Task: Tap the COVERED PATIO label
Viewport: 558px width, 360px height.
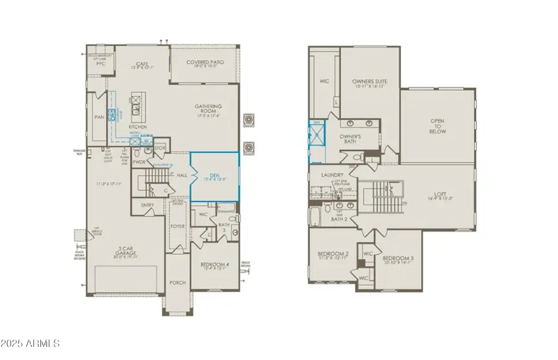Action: point(205,63)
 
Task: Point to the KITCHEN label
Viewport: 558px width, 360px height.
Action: point(138,127)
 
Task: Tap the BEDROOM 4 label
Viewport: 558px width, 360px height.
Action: point(214,265)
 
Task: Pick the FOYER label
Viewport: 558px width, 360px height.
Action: point(178,226)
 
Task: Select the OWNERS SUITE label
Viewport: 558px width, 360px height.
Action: point(370,81)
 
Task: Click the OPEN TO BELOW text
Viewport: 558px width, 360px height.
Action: point(438,126)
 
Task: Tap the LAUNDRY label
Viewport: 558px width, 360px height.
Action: point(332,175)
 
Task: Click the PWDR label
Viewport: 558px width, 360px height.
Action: point(138,162)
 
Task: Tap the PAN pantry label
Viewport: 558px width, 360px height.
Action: point(98,116)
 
